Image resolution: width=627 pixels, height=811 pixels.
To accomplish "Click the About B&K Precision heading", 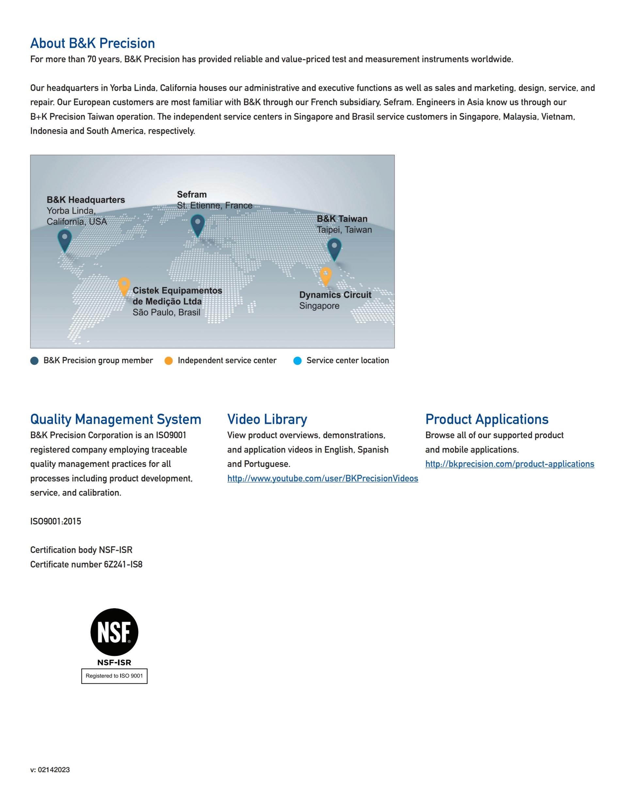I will coord(92,43).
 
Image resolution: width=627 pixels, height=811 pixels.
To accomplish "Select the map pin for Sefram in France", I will coord(198,224).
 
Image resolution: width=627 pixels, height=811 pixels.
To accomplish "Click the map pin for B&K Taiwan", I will coord(334,248).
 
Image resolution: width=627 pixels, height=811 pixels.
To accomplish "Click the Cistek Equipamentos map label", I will coord(177,296).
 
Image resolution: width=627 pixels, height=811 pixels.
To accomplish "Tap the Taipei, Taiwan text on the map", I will coord(344,230).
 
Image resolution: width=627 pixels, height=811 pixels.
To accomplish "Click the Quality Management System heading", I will coord(116,419).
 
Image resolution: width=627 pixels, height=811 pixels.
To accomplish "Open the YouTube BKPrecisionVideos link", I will coord(322,478).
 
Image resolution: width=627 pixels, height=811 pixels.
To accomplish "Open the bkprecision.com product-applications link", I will coord(510,464).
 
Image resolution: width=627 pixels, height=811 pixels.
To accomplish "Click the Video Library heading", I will coord(267,419).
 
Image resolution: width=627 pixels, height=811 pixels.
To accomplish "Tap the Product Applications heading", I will coord(487,419).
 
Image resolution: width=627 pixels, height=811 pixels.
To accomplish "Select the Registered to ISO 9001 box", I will coord(114,676).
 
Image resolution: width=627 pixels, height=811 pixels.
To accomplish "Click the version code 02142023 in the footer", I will coord(54,770).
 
